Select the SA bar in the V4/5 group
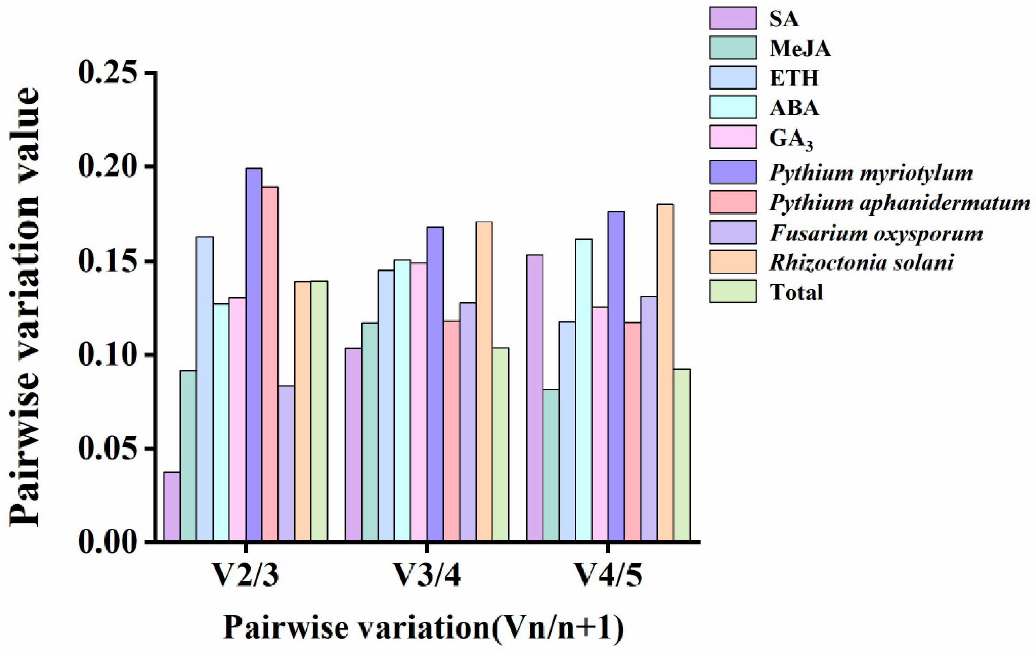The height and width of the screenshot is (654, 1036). (x=534, y=398)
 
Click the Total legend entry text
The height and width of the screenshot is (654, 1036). (x=796, y=292)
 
